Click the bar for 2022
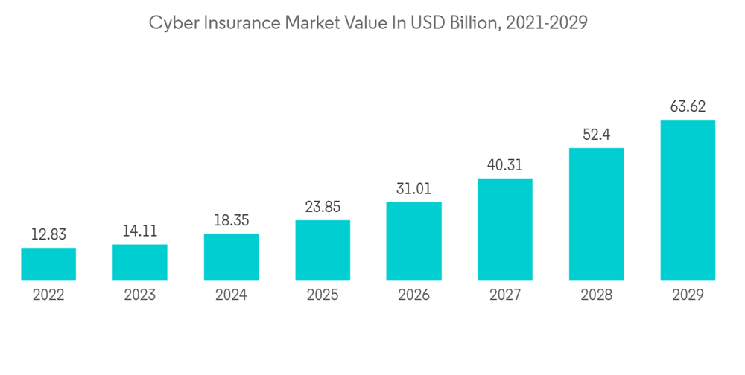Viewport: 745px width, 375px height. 48,264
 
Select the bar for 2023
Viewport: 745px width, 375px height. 140,262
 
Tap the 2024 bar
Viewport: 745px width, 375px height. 231,257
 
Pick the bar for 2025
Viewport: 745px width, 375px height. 323,250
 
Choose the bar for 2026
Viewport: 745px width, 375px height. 414,241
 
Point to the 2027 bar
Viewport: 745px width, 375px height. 505,229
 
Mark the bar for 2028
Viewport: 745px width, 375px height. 597,214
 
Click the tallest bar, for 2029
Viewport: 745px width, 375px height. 688,200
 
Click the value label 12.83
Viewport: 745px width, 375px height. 48,234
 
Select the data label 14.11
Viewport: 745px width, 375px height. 140,231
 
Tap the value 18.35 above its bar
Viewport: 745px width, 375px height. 231,221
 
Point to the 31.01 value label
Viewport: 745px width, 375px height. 414,189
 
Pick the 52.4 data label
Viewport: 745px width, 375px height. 597,135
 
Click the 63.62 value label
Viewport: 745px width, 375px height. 688,106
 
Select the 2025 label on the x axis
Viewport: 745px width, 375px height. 323,295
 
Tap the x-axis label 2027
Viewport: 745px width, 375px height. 505,295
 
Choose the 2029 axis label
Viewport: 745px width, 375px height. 688,295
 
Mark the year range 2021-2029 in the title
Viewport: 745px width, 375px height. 547,23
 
